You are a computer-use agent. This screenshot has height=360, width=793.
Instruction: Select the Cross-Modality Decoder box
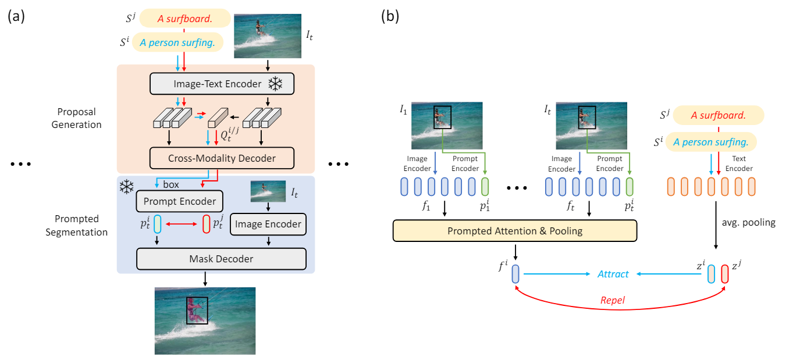[x=222, y=158]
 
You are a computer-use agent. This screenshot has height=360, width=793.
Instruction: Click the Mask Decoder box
[x=221, y=258]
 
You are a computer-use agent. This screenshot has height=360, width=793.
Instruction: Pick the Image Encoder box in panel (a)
[x=268, y=224]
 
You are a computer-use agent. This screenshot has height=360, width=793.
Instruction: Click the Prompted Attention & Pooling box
[x=515, y=230]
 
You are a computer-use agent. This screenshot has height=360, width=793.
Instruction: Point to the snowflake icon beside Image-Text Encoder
[x=275, y=84]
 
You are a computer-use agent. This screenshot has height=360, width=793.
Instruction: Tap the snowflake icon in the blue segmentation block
[x=126, y=187]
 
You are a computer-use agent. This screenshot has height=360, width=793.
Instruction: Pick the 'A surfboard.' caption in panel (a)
[x=184, y=19]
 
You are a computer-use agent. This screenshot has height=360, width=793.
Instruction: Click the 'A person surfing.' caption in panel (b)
[x=710, y=141]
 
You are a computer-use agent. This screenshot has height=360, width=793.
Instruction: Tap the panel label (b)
[x=390, y=16]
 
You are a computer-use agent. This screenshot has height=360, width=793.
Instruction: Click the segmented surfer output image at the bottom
[x=205, y=320]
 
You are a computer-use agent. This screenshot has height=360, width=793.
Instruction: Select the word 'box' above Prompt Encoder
[x=170, y=185]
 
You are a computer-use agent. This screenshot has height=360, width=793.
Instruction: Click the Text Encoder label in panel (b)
[x=741, y=163]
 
